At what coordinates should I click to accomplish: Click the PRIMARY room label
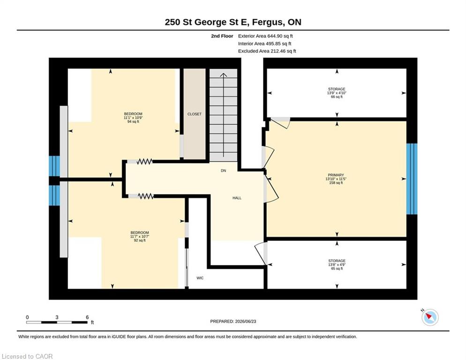click(x=336, y=175)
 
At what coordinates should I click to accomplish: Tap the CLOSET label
click(x=195, y=114)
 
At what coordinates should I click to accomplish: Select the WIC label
click(x=200, y=278)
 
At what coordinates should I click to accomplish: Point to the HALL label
click(x=237, y=198)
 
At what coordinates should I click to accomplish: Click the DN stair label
click(x=224, y=171)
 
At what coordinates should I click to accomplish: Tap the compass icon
click(x=430, y=317)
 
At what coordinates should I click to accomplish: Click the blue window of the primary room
click(x=412, y=179)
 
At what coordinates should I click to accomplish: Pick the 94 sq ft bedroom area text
click(x=133, y=121)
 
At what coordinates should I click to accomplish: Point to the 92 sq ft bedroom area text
click(x=140, y=240)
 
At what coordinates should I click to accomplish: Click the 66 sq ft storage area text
click(x=337, y=97)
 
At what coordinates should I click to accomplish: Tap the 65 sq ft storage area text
click(x=337, y=269)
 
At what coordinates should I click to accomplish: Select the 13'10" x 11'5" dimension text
click(x=336, y=179)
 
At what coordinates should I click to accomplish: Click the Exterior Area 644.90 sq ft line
click(x=265, y=36)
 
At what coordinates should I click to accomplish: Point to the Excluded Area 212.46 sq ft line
click(x=267, y=51)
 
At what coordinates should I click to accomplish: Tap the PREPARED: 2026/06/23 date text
click(x=233, y=322)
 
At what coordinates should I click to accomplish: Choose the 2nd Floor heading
click(x=222, y=36)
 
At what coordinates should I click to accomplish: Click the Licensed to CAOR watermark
click(x=27, y=356)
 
